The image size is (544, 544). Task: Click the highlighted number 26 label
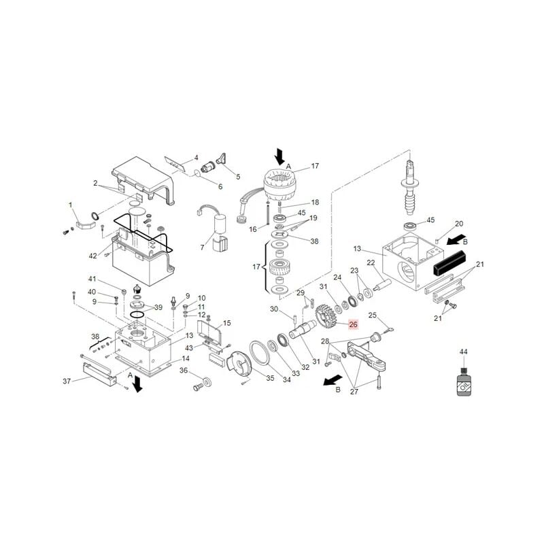353,324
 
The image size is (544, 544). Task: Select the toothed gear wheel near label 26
326,316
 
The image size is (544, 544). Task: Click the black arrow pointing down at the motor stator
279,157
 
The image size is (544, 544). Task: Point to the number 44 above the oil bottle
464,352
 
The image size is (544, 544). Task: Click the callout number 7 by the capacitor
202,248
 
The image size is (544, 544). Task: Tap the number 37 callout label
67,381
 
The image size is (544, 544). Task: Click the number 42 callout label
92,256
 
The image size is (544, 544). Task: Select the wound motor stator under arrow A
281,186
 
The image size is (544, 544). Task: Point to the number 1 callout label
71,205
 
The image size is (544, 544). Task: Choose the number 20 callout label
458,224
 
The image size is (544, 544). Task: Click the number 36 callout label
184,371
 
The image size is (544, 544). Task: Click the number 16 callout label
253,229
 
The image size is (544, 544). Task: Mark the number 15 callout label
226,323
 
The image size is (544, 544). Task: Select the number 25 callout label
372,315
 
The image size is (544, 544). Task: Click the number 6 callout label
220,186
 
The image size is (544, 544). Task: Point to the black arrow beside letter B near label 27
333,380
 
